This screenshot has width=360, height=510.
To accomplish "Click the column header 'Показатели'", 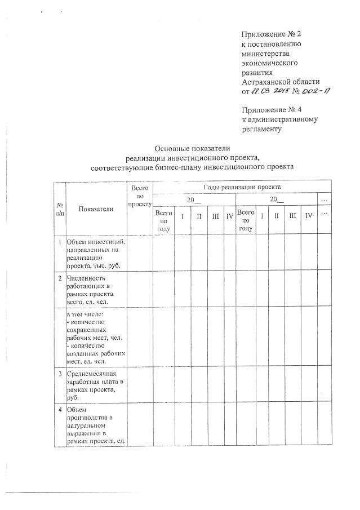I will tap(96, 209).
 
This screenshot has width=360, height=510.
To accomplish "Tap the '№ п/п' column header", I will tap(59, 209).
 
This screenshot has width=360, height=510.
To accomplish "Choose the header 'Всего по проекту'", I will tap(140, 195).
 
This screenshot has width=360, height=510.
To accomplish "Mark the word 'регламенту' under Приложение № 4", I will tap(261, 128).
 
